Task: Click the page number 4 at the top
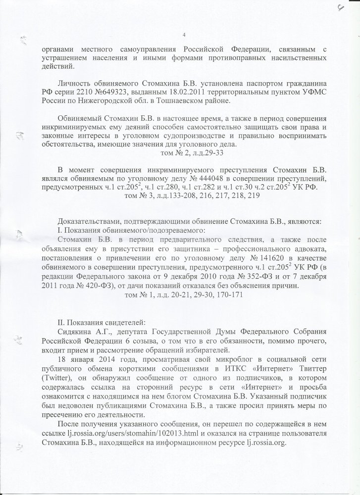[x=184, y=34]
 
